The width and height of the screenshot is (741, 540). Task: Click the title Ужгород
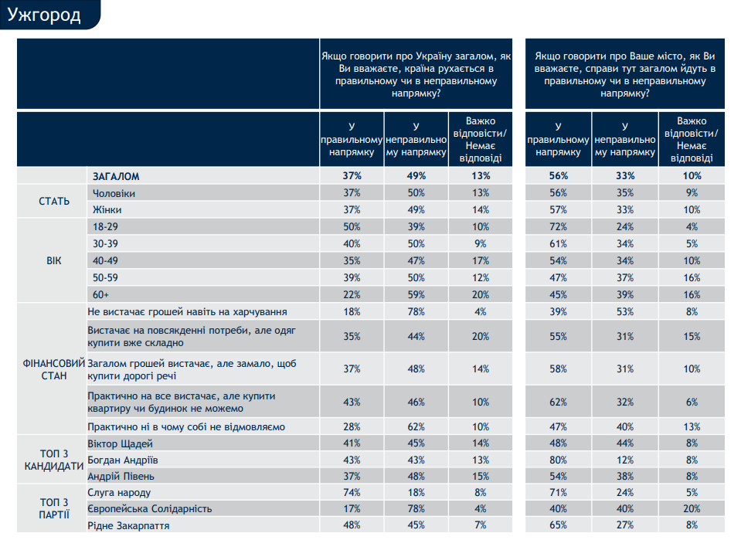coord(44,15)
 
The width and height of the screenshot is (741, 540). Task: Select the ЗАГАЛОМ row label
coord(116,176)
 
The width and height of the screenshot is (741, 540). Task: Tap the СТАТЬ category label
coord(54,201)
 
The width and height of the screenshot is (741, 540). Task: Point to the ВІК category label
coord(54,260)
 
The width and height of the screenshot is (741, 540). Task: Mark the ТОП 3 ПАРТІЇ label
coord(54,509)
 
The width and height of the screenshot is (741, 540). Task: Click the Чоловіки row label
coord(114,192)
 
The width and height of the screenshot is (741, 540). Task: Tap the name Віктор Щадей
coord(122,443)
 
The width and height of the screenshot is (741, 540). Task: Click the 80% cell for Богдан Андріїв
coord(558,460)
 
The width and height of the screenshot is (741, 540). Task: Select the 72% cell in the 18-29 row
coord(558,227)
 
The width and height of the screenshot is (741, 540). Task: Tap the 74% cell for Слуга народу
coord(352,492)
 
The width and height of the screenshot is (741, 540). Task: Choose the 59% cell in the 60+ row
coord(416,294)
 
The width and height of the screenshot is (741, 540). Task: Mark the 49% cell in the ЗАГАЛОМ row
coord(416,176)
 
